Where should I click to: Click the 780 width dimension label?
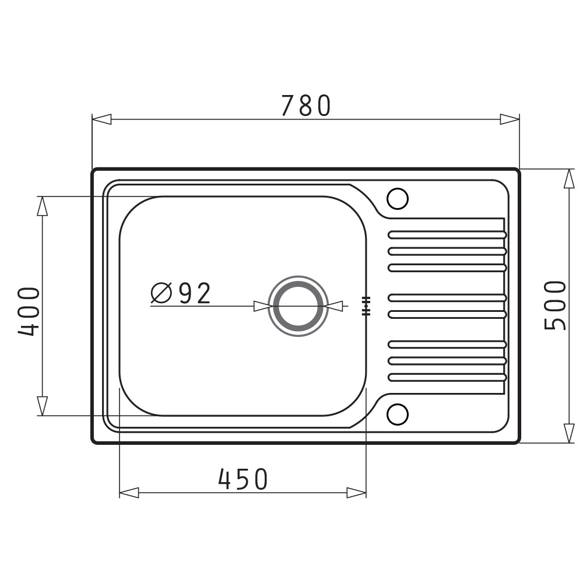(305, 106)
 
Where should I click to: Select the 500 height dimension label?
(555, 305)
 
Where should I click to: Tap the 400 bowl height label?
(29, 311)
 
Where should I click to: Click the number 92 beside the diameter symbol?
(195, 293)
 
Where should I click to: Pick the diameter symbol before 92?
(161, 293)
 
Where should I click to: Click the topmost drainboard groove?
(447, 234)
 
